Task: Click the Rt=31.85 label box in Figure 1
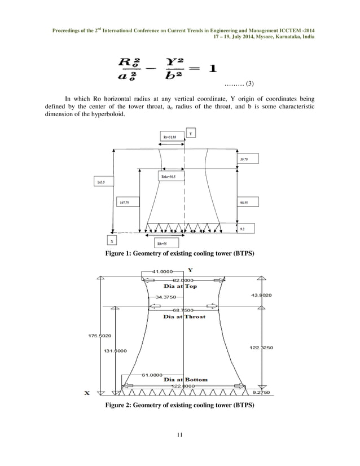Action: (x=169, y=136)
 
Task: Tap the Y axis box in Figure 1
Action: (x=191, y=134)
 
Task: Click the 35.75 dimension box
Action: (x=246, y=160)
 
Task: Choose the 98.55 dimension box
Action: (x=246, y=202)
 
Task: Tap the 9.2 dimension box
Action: (x=246, y=228)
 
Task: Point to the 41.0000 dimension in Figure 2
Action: (x=160, y=271)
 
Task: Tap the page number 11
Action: (x=179, y=433)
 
